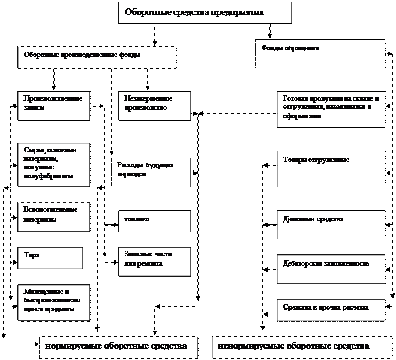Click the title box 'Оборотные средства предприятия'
[205, 13]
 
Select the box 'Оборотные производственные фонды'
[97, 57]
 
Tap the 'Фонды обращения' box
[320, 53]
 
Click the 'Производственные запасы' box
[53, 105]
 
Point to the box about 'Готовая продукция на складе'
[331, 109]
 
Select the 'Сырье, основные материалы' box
[53, 164]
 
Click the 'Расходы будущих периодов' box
[151, 172]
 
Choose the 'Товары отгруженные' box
[331, 167]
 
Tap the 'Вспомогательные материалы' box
[53, 217]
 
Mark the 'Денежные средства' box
[331, 224]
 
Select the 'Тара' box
[50, 257]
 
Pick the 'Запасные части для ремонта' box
[154, 261]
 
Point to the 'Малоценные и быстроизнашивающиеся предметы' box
[53, 302]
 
